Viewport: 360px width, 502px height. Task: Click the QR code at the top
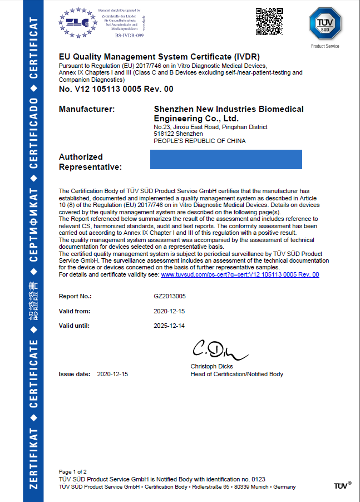coord(269,22)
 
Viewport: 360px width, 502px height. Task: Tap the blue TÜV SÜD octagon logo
coord(324,24)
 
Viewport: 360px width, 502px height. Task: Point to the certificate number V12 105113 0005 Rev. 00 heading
coord(116,89)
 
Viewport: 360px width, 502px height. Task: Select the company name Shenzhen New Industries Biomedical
coord(229,110)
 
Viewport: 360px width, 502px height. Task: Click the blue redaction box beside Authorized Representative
coord(226,159)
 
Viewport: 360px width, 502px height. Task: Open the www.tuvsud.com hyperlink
coord(240,275)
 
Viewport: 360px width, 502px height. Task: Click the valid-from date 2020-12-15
coord(169,312)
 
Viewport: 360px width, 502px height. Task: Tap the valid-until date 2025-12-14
coord(169,326)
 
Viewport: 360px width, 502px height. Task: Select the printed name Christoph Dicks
coord(211,367)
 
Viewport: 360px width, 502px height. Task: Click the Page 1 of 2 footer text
coord(72,471)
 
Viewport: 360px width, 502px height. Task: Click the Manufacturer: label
coord(87,110)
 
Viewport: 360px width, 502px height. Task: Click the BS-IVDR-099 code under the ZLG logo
coord(129,35)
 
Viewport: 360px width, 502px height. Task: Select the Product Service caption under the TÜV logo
coord(325,46)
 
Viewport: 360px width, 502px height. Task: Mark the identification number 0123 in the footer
coord(259,479)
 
